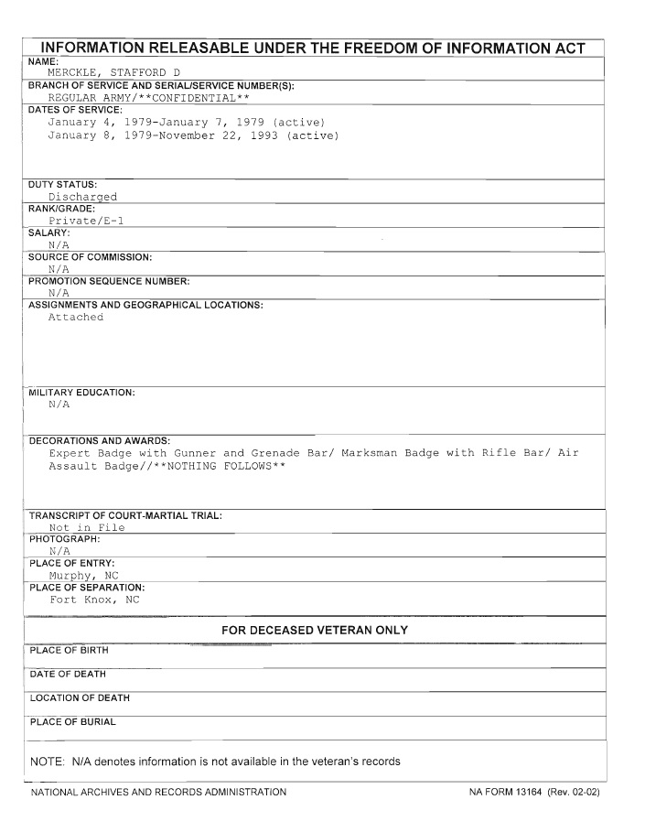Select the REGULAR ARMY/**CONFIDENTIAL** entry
149,98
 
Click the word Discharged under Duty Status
82,197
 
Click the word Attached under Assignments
76,318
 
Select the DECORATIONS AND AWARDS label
100,440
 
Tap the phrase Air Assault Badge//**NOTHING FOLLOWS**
167,466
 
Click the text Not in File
87,527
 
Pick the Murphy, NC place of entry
84,576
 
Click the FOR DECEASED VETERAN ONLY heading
315,631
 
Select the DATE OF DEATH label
68,675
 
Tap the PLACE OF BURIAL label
73,722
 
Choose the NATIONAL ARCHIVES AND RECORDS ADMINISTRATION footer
158,792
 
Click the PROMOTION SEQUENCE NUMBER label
109,281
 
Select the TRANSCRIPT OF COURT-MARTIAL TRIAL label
125,515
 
